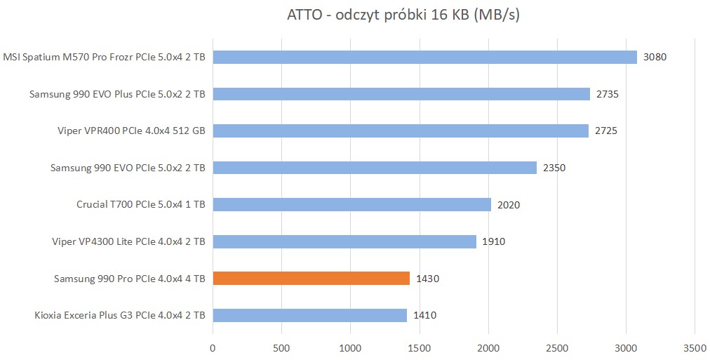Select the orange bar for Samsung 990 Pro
click(x=311, y=279)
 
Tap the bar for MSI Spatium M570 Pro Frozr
click(x=424, y=57)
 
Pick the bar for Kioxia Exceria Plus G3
click(x=309, y=315)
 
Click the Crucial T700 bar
click(x=351, y=205)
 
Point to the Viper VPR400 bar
click(x=400, y=131)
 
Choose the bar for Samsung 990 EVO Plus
click(x=401, y=94)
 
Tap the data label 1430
click(x=427, y=279)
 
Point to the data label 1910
click(x=493, y=241)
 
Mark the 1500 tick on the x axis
click(x=419, y=347)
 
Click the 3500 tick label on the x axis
click(x=694, y=347)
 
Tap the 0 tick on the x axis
click(x=213, y=347)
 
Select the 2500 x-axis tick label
click(x=556, y=347)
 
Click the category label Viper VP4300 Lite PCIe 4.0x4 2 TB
click(x=128, y=241)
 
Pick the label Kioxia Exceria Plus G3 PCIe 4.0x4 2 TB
click(x=119, y=315)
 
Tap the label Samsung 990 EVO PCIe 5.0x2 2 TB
click(x=128, y=168)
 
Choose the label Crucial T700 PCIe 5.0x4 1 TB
click(x=140, y=205)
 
